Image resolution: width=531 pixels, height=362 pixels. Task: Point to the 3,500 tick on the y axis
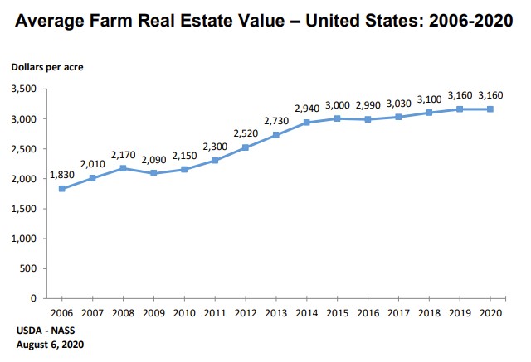pos(25,89)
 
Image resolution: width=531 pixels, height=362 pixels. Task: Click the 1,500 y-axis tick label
pos(25,209)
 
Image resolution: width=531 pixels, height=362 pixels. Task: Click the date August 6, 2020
pos(50,344)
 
